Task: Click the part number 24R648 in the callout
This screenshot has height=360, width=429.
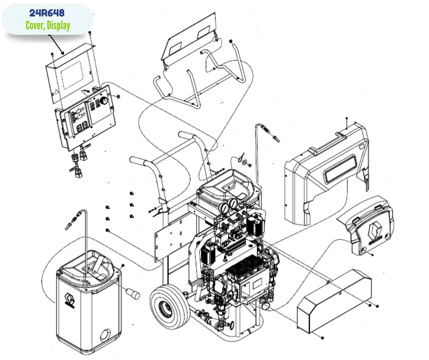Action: tap(47, 12)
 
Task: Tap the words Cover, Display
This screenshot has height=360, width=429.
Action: tap(47, 25)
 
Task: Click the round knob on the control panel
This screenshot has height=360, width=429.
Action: tap(105, 101)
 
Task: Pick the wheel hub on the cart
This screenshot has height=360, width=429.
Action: tap(167, 309)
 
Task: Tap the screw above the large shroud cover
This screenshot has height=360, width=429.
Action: tap(347, 120)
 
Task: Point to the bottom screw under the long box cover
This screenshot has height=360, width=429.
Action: tap(323, 338)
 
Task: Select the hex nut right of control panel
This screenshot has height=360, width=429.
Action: tap(118, 97)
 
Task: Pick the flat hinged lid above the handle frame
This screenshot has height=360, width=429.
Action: tap(189, 37)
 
